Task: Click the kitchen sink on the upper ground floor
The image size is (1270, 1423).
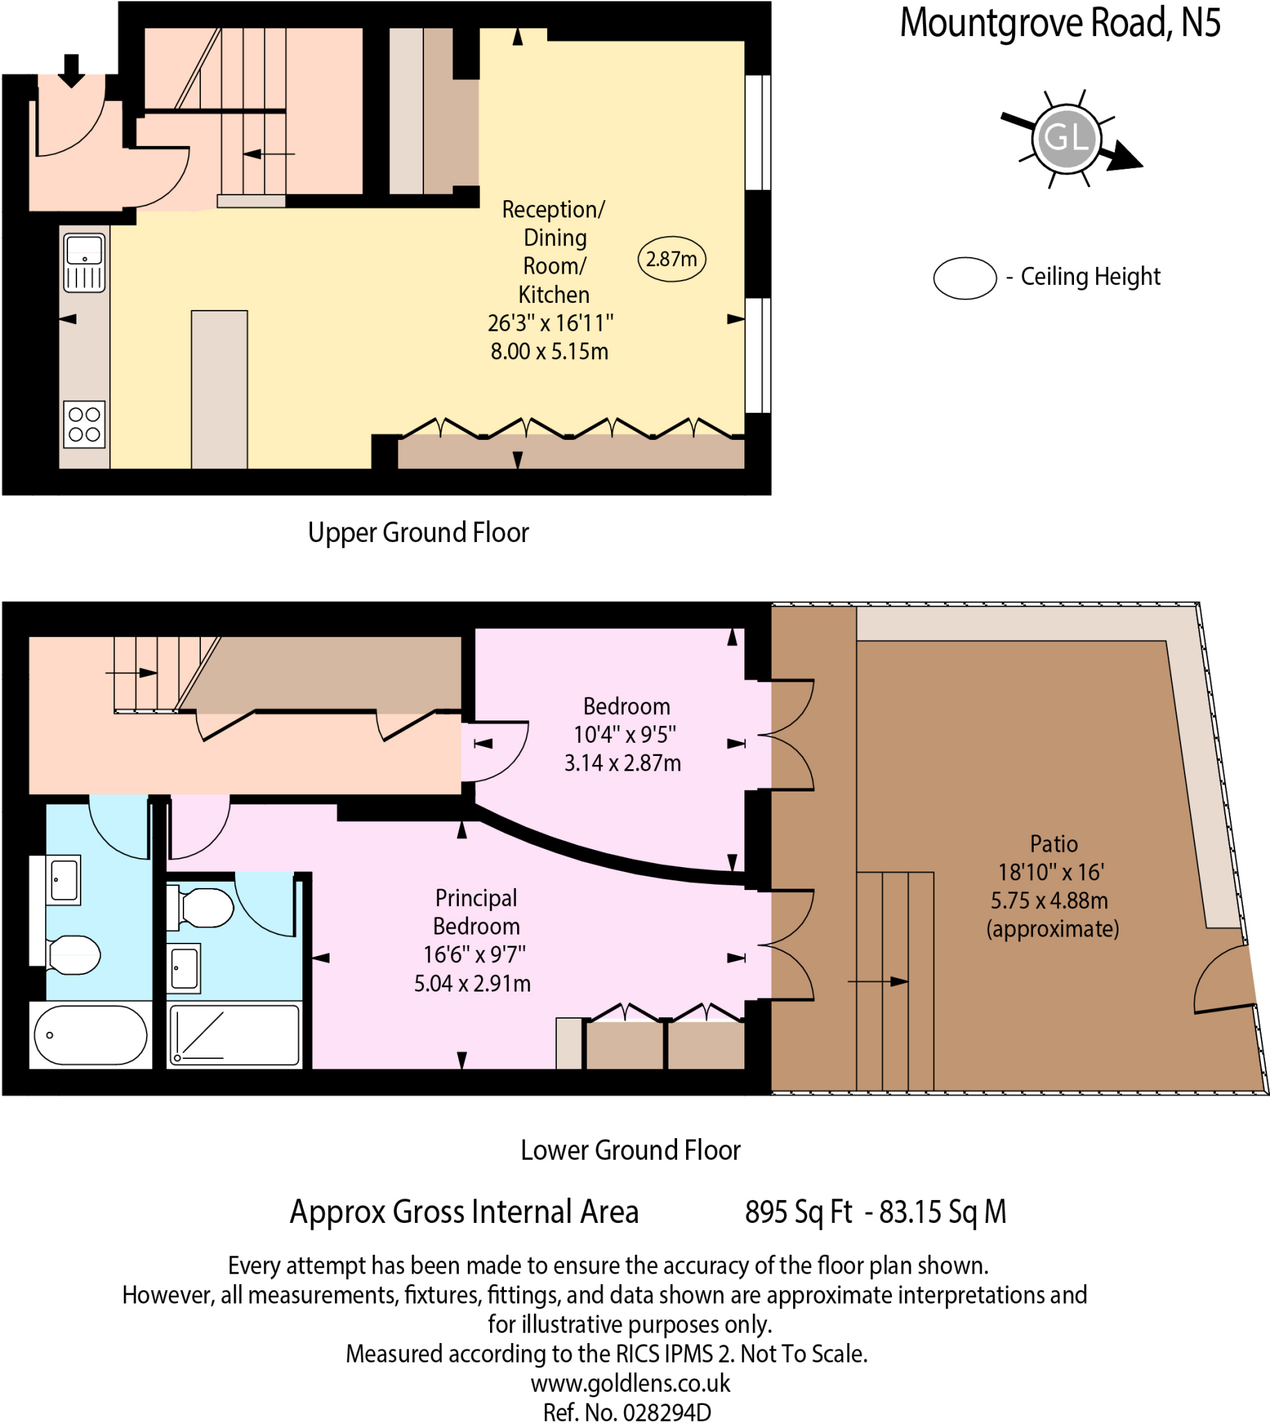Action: point(84,262)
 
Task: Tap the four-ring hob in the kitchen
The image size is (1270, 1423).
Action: point(84,424)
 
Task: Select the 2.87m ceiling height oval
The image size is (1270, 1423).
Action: point(671,258)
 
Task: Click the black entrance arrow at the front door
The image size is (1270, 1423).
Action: point(70,71)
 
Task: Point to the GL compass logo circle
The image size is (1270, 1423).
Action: point(1067,138)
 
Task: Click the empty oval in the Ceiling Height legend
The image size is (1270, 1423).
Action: point(965,279)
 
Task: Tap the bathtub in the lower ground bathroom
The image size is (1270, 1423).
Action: point(90,1035)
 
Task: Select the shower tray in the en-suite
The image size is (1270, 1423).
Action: point(234,1035)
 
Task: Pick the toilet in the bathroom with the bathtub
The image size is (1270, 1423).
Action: point(74,955)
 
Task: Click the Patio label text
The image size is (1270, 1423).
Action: point(1054,844)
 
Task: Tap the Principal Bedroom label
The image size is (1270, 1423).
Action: point(477,912)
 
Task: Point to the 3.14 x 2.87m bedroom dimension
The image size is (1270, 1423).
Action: point(622,763)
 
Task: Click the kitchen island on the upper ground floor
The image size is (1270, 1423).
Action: point(219,389)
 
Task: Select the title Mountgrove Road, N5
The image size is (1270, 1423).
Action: point(1060,23)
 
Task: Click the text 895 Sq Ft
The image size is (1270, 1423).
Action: point(798,1212)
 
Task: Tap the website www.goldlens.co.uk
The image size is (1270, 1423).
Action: point(630,1383)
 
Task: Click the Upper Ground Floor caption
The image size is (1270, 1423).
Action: point(418,532)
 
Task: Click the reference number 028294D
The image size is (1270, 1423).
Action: point(667,1412)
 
